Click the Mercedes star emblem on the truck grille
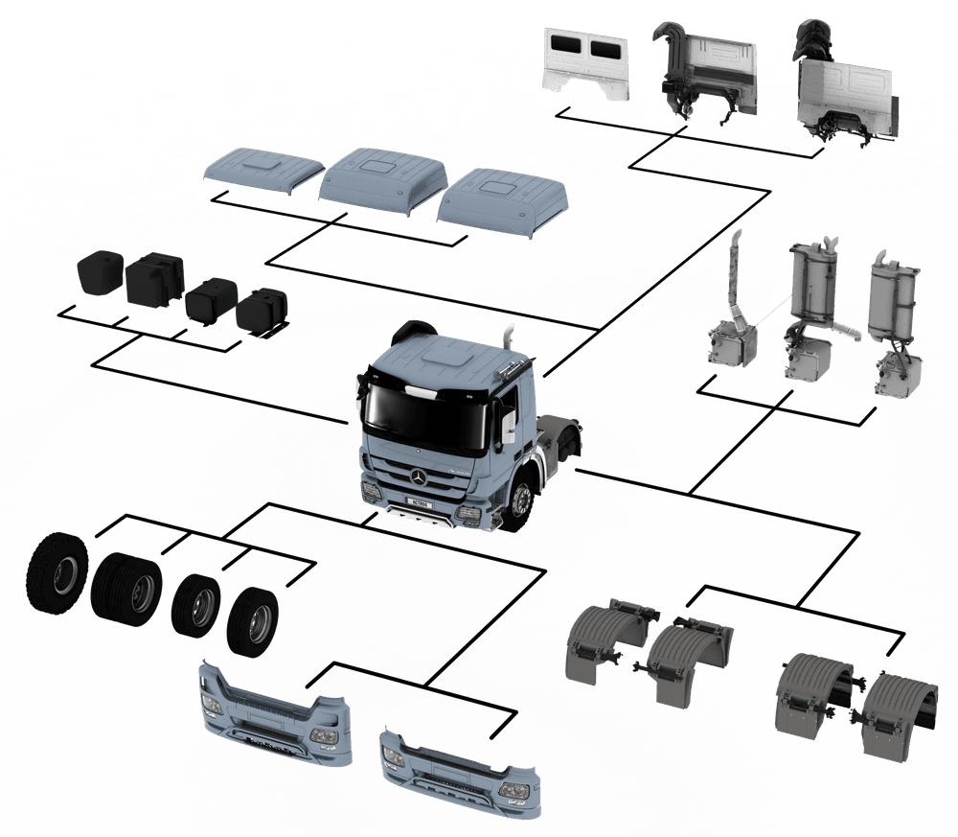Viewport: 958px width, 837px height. [x=421, y=477]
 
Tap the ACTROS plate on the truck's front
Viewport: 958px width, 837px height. [x=418, y=501]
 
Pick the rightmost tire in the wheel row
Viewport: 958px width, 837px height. [x=253, y=620]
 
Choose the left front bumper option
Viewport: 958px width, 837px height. [x=272, y=713]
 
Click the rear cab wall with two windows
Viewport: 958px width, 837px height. [x=588, y=63]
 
